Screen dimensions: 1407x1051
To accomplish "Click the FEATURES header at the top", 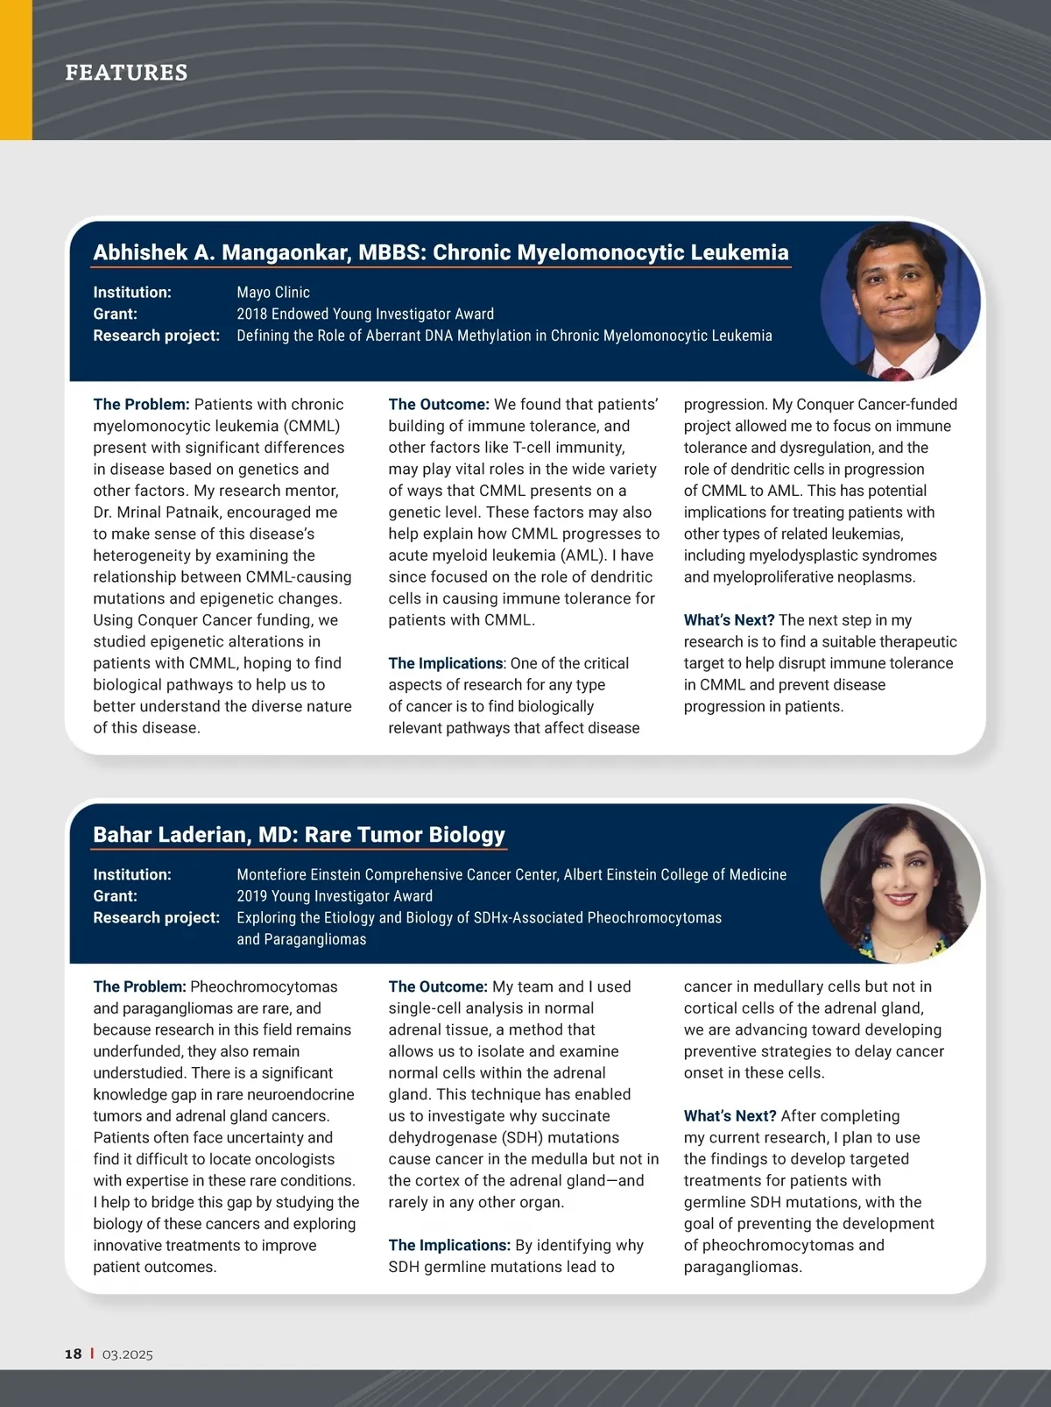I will click(x=126, y=73).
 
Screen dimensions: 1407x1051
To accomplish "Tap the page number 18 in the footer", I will click(x=73, y=1354).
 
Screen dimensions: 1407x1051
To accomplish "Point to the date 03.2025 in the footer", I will click(x=128, y=1354).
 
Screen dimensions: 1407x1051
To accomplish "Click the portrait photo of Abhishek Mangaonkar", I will click(x=899, y=300).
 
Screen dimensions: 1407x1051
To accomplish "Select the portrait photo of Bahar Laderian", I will click(x=899, y=883).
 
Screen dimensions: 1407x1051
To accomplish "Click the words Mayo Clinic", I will click(x=273, y=293).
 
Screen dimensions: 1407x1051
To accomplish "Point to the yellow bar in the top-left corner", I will click(x=16, y=70).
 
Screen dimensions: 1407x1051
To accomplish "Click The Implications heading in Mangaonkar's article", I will click(x=446, y=663).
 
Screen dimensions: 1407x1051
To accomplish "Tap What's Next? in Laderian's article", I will click(x=730, y=1116).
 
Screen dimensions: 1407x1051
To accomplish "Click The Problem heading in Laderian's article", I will click(x=139, y=986).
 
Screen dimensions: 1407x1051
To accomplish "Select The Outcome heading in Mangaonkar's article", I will click(x=439, y=405).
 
